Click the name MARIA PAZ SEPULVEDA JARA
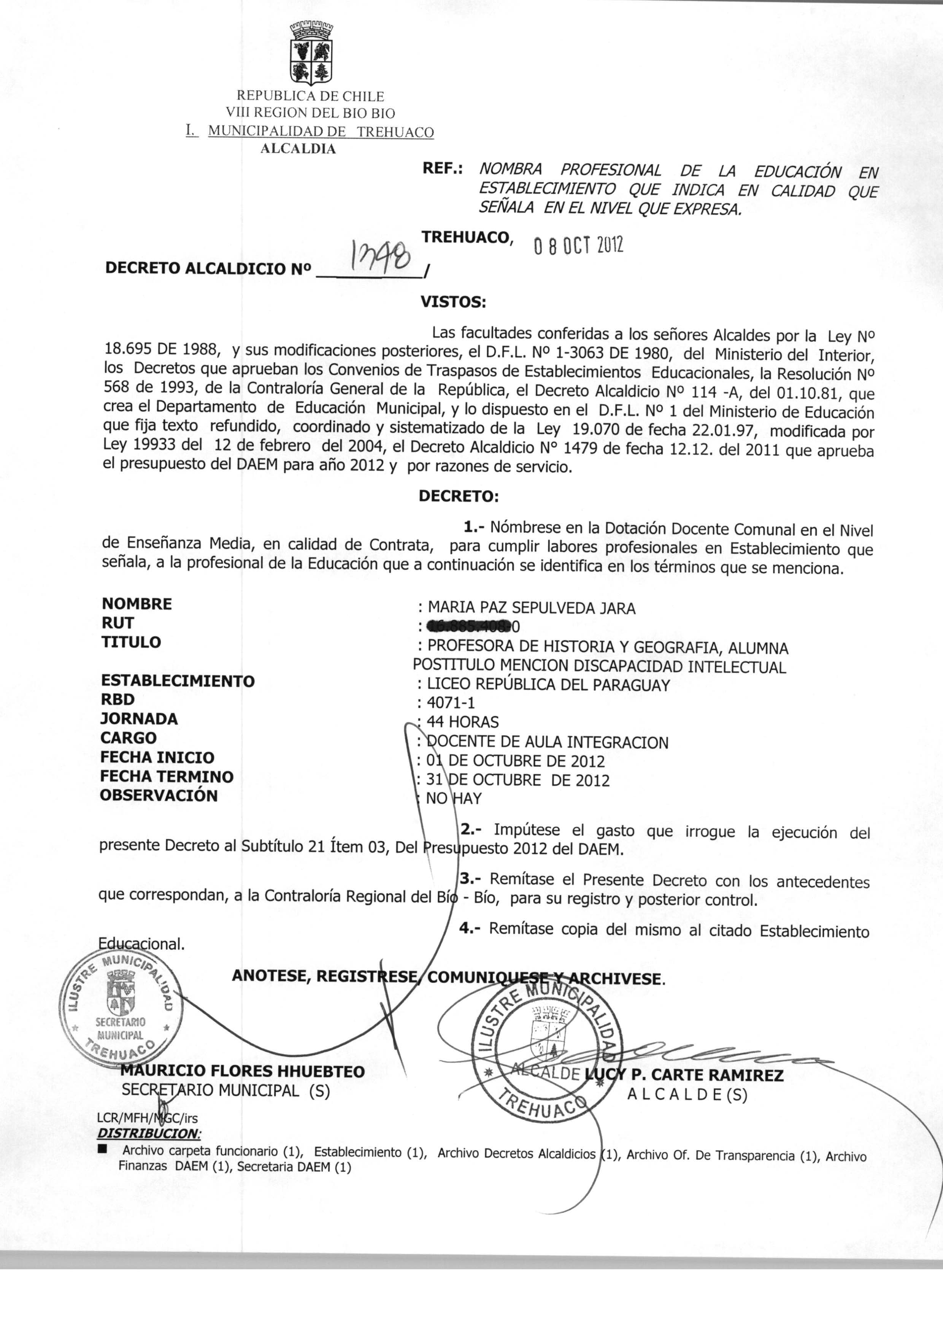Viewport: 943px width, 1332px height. click(531, 608)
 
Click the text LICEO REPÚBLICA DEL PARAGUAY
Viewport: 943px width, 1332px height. click(548, 685)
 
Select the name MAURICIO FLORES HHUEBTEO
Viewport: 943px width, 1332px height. click(243, 1071)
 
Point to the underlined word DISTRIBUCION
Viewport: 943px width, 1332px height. click(149, 1133)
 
